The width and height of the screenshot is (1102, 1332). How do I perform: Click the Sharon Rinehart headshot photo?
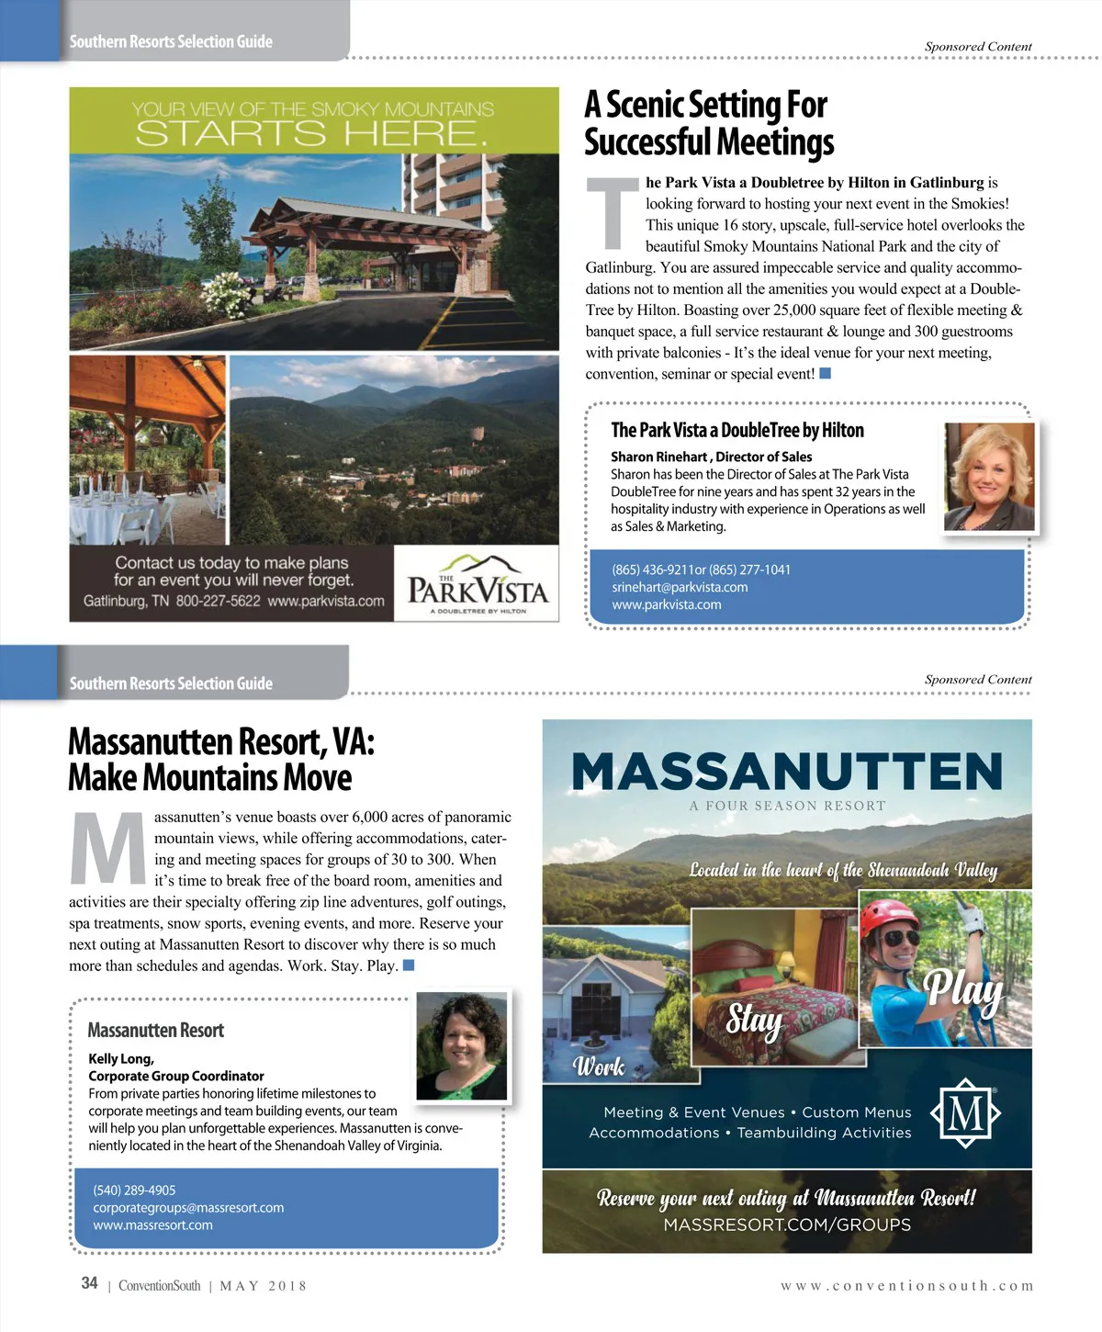point(989,476)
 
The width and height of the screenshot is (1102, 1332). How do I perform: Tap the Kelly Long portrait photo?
point(462,1046)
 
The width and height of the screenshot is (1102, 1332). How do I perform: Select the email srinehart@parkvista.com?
point(680,587)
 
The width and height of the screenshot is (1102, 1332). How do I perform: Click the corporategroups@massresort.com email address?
point(188,1208)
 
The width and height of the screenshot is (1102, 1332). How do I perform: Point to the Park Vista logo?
point(478,584)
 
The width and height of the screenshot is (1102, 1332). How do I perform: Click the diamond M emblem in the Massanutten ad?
point(965,1113)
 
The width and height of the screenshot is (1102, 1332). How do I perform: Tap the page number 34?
point(89,1283)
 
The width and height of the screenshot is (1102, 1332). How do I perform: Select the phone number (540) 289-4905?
point(134,1191)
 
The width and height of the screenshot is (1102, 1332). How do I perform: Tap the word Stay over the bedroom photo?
point(754,1018)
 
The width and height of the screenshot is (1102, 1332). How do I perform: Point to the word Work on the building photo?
point(599,1067)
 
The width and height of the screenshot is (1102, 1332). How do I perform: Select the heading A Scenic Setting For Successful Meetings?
point(708,123)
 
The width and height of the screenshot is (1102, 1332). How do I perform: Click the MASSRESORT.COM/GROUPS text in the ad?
point(787,1225)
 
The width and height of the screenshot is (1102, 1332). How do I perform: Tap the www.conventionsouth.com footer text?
point(906,1286)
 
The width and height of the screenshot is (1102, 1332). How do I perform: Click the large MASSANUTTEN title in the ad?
point(787,772)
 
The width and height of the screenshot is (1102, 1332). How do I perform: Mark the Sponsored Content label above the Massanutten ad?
point(978,680)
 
